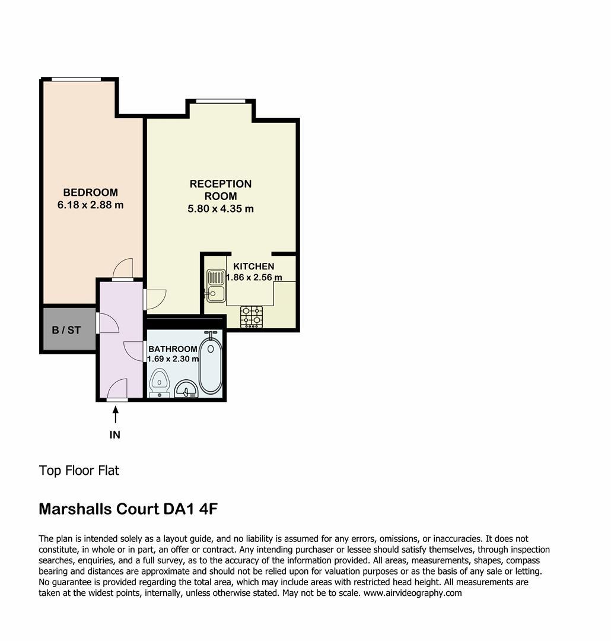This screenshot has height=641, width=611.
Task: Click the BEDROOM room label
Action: coord(90,192)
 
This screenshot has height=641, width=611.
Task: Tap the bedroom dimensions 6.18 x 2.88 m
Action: coord(90,205)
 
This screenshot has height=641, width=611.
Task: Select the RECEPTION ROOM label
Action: coord(221,190)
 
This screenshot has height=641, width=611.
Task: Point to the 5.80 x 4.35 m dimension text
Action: coord(221,209)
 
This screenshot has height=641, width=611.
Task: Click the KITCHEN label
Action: coord(253,266)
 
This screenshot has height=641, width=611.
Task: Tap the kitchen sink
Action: coord(216,285)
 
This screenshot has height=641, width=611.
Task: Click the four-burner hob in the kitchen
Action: coord(252,317)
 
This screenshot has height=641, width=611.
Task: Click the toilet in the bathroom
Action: coord(160,383)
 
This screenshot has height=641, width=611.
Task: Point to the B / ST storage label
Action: coord(66,330)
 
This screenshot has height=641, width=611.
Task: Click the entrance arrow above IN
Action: coord(116,414)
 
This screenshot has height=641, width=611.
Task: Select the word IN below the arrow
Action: coord(115,435)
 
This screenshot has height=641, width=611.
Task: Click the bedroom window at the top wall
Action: coord(77,80)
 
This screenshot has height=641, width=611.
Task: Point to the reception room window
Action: coord(221,101)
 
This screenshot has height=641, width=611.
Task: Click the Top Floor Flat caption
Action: coord(79,471)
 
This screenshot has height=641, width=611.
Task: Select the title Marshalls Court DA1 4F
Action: coord(128,509)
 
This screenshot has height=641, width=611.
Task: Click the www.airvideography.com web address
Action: coord(412,593)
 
